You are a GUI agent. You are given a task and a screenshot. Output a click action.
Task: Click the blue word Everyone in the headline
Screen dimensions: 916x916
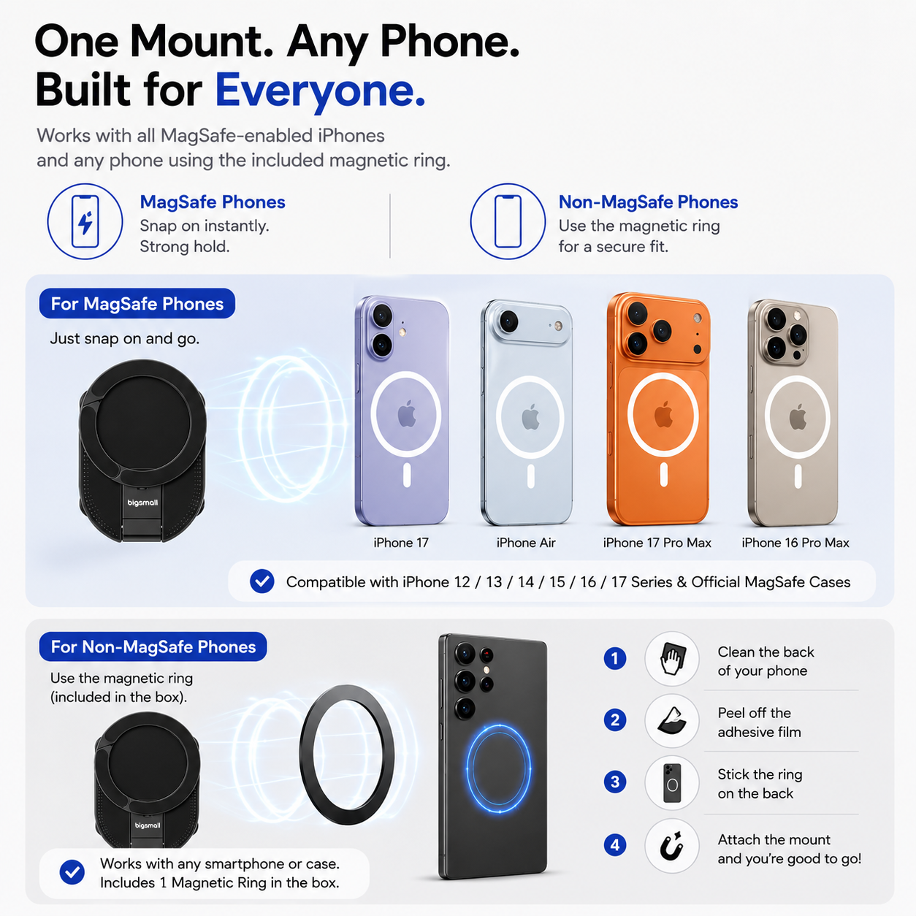(319, 91)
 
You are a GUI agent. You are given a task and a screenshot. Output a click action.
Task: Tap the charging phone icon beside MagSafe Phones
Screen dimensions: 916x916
(85, 221)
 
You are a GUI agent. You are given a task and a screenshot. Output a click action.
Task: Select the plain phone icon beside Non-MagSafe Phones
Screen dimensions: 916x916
(508, 221)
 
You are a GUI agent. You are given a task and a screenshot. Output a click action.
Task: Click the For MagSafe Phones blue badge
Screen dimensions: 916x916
(137, 303)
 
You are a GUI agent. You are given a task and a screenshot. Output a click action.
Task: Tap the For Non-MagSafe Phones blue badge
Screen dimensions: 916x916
(153, 646)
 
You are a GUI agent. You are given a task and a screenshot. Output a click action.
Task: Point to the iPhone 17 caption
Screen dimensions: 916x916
(401, 543)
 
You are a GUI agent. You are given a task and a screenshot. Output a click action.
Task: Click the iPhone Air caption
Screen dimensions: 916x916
(526, 543)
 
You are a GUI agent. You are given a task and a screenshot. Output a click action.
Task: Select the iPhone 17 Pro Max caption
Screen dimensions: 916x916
(657, 543)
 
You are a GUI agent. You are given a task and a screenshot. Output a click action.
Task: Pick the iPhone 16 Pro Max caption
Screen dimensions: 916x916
(795, 543)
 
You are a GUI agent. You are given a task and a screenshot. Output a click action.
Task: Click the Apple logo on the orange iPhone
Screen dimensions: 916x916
(663, 414)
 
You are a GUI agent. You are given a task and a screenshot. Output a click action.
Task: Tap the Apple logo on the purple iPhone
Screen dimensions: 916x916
(406, 413)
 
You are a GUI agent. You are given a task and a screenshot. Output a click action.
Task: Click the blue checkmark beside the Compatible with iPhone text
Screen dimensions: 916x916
(262, 581)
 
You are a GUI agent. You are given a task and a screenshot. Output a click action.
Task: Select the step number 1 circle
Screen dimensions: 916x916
(614, 658)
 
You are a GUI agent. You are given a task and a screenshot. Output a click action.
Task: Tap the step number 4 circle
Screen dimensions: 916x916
(614, 844)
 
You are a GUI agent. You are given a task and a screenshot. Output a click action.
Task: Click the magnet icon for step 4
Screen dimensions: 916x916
(672, 846)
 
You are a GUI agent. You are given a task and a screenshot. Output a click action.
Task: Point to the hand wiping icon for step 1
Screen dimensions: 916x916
(672, 658)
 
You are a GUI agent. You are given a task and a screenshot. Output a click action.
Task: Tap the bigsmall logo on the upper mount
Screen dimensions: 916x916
(142, 503)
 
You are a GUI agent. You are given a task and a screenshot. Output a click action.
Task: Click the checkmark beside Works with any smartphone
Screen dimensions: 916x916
(72, 871)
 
